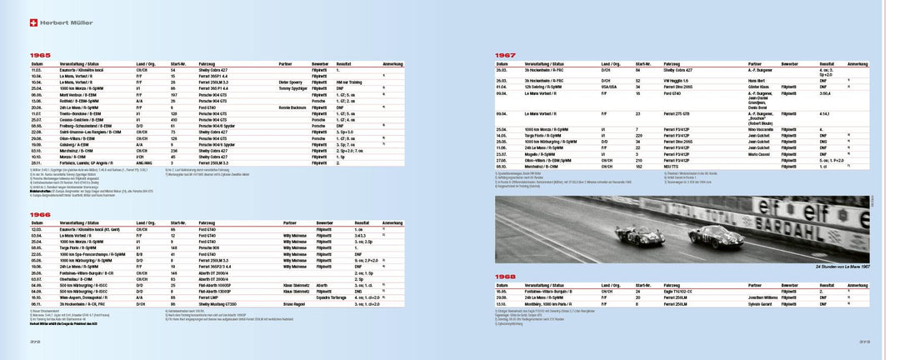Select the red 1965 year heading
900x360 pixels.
[40, 54]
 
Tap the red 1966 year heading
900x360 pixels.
[40, 215]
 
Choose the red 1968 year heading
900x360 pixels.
[507, 277]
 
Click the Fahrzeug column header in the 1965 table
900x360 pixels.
[208, 63]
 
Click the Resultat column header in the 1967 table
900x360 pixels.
[827, 63]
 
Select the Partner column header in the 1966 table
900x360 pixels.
[287, 223]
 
